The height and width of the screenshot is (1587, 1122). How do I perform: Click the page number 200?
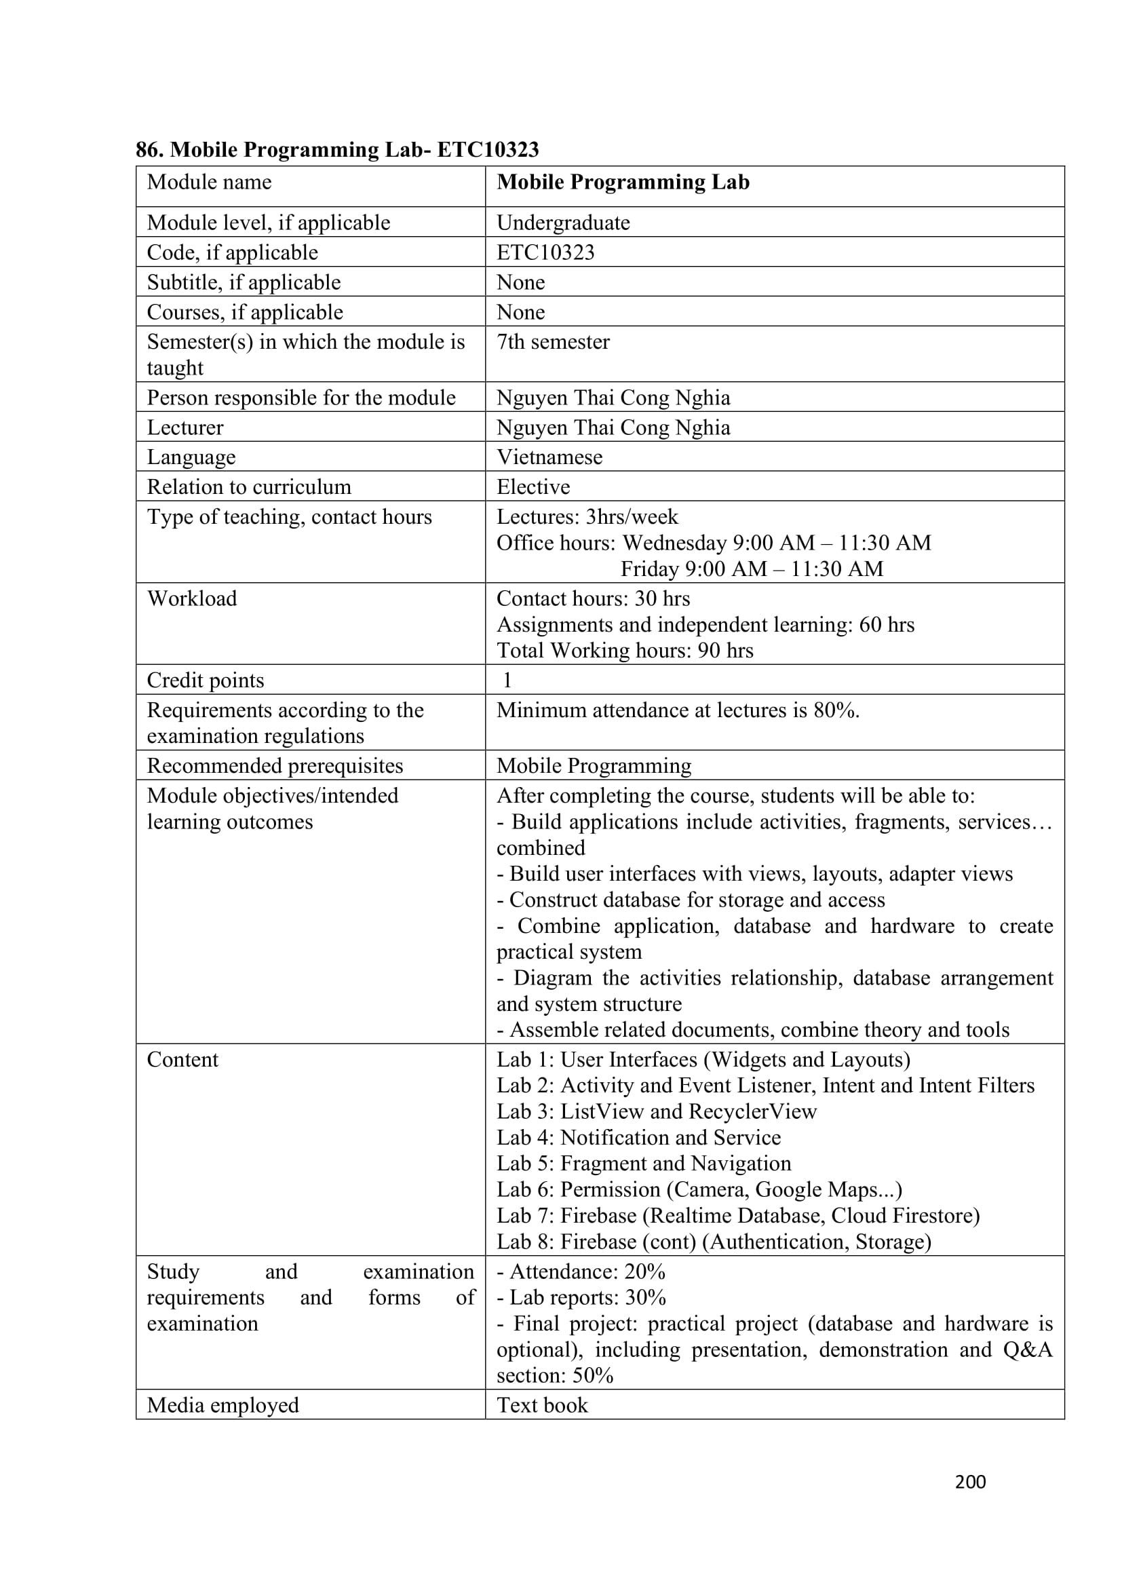click(x=969, y=1481)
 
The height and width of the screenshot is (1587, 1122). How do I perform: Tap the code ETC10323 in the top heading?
click(x=488, y=149)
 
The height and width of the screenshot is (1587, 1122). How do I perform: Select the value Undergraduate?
click(x=562, y=223)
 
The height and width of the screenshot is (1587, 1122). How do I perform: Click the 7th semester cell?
click(x=553, y=342)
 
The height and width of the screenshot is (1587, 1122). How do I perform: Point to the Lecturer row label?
click(x=185, y=428)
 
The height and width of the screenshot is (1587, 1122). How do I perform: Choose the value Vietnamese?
click(x=549, y=457)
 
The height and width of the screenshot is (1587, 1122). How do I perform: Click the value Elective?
click(x=533, y=487)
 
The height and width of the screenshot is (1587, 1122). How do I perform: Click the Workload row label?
click(x=192, y=598)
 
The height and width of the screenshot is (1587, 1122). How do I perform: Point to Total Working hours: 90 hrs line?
click(x=625, y=651)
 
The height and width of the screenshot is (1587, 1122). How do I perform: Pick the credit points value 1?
click(x=507, y=681)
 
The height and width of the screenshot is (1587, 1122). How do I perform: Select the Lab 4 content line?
click(x=638, y=1138)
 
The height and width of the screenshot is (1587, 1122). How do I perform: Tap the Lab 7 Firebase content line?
click(x=738, y=1216)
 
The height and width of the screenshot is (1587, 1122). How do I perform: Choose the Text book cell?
click(x=543, y=1405)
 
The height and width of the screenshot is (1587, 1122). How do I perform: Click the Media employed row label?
click(x=223, y=1405)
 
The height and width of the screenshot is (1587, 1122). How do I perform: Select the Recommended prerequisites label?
click(x=275, y=766)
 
